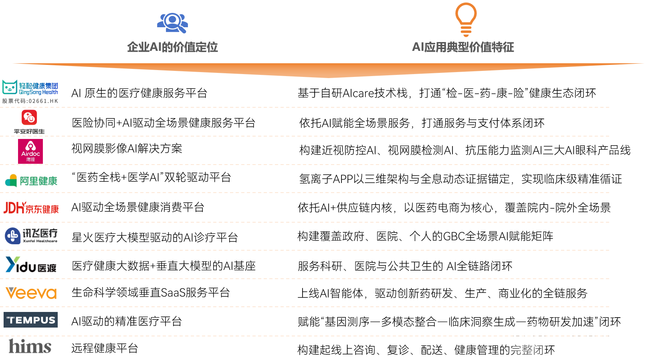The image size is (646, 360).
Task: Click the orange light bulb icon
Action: [x=466, y=20]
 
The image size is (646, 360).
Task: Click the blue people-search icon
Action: [x=172, y=23]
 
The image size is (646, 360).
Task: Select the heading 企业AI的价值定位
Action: [x=172, y=47]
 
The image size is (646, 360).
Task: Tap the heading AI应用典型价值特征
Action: [x=463, y=47]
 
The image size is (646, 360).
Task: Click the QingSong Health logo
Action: [x=30, y=88]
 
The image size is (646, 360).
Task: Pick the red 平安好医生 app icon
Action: [x=29, y=118]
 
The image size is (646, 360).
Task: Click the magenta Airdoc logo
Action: [x=30, y=151]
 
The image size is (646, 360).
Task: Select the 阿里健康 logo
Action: [x=31, y=181]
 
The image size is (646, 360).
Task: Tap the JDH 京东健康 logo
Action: [x=31, y=208]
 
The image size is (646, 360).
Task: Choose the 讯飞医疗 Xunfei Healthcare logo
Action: [x=31, y=235]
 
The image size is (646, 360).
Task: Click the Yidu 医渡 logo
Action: [x=31, y=265]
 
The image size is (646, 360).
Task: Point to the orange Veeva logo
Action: [x=31, y=293]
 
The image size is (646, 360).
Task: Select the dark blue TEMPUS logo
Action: [x=30, y=320]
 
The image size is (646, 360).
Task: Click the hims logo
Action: [x=30, y=346]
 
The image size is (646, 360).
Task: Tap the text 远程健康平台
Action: [x=105, y=348]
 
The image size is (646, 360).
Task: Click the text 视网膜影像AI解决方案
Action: [x=127, y=149]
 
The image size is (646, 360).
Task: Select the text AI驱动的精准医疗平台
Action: [x=127, y=321]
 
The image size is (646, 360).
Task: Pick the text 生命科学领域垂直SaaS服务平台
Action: [x=151, y=293]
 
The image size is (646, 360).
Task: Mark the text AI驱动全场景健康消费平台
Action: [x=138, y=207]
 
